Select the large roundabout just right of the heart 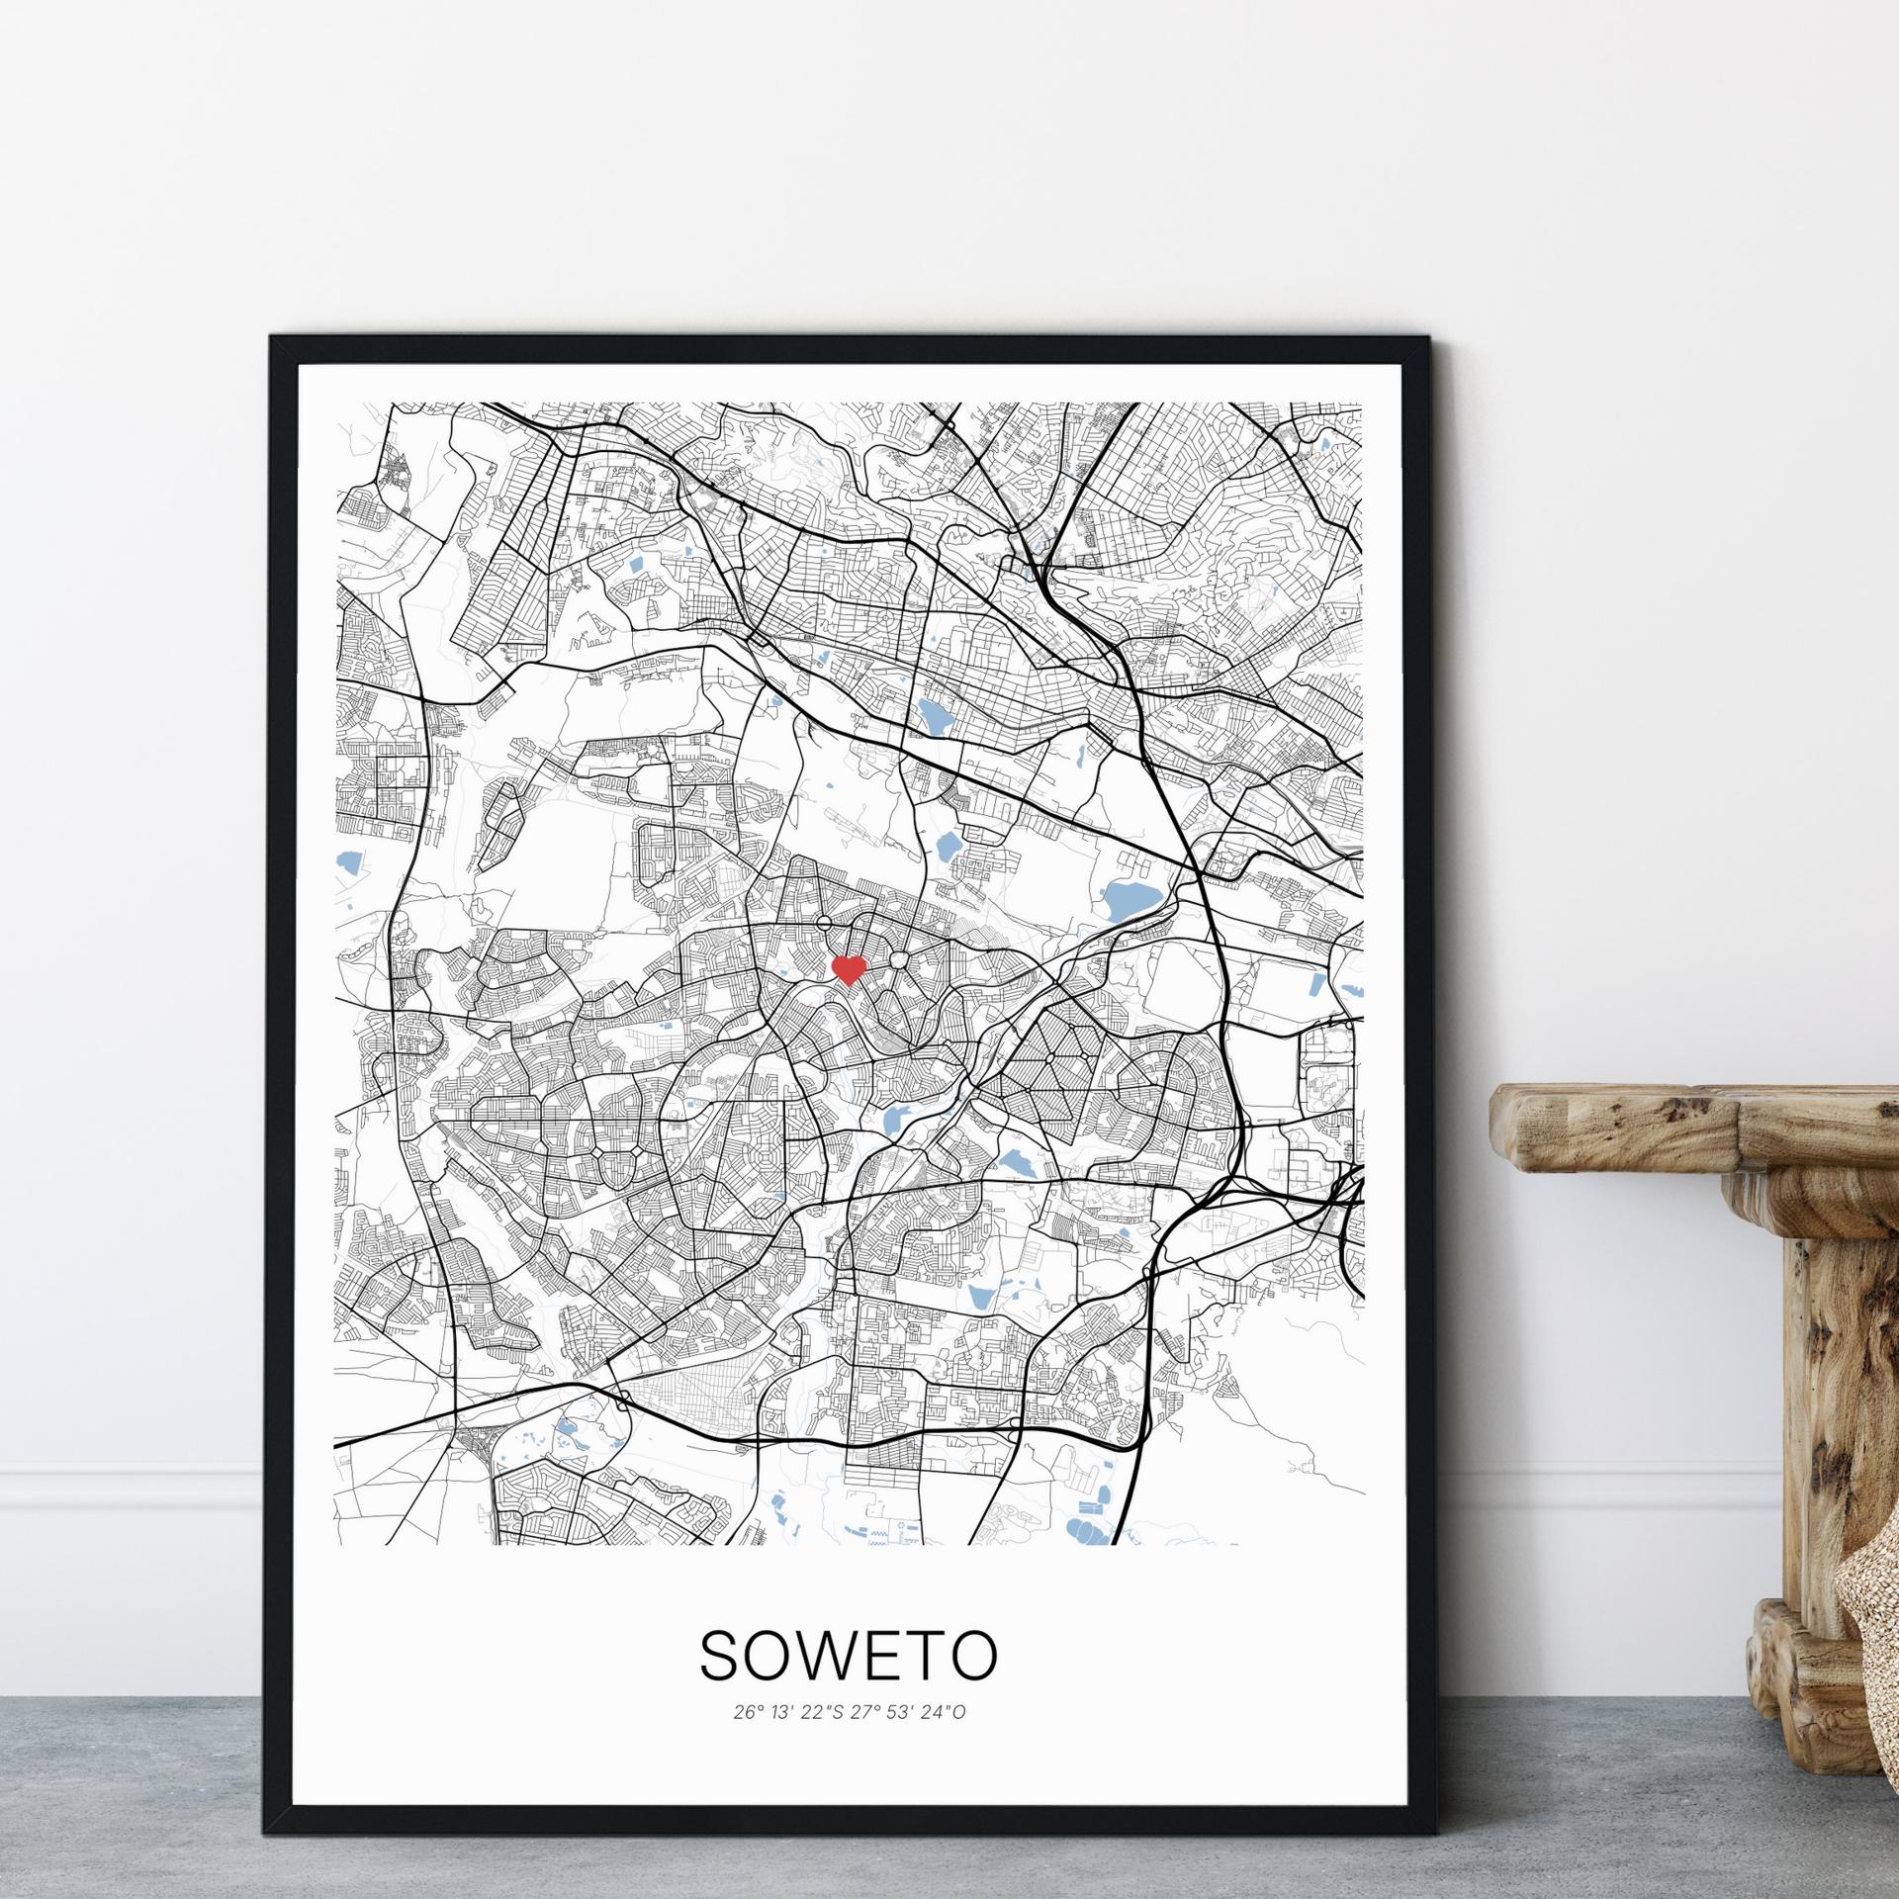coord(899,960)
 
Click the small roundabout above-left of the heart coord(823,924)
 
